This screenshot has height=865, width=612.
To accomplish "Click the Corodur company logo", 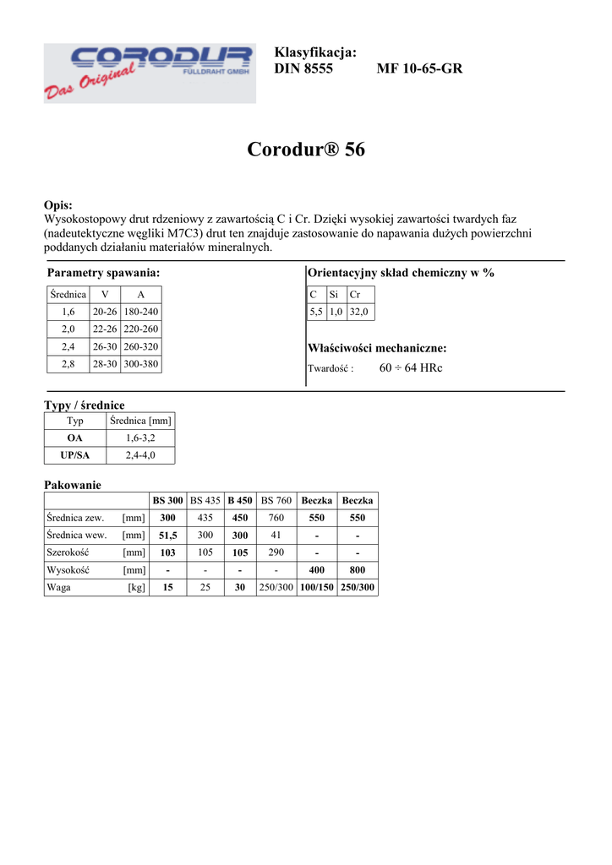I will (150, 73).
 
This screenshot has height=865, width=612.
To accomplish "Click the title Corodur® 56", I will (306, 150).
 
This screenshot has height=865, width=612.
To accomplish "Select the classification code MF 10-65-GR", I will (419, 68).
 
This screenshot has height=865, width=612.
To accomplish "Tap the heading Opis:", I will (58, 205).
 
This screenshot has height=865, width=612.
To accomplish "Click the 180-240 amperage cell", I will (141, 312).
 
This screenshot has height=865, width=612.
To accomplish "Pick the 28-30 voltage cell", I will (105, 364).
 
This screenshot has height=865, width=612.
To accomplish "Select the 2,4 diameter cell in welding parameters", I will (68, 346).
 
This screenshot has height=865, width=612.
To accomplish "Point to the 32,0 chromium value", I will (359, 312).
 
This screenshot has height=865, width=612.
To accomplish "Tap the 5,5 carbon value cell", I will (316, 312).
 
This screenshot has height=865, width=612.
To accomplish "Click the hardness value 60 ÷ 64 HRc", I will (411, 368).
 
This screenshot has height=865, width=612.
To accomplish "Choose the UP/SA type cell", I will (75, 455).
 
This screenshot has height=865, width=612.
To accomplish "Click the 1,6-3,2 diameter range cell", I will (140, 438).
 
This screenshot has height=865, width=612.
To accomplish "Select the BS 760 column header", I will (276, 500).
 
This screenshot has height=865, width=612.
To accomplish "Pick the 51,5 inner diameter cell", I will (168, 535).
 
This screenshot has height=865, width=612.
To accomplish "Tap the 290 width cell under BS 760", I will (276, 552).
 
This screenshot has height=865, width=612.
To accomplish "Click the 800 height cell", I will (358, 569).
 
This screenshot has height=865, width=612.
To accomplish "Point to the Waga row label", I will (59, 587).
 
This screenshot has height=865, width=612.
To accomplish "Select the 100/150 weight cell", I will (317, 587).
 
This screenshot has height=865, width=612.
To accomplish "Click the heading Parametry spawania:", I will (103, 273).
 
